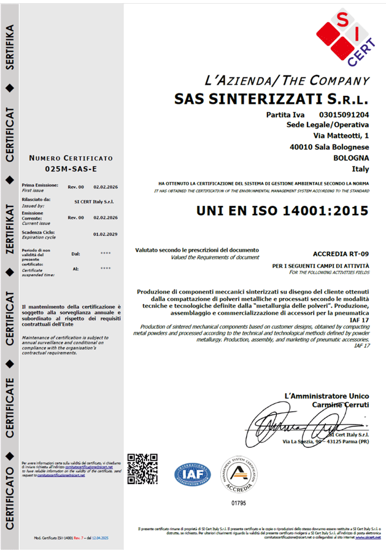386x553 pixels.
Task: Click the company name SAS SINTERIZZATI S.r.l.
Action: (272, 98)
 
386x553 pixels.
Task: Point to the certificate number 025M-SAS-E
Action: (71, 168)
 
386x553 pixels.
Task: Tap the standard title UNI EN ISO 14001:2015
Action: (283, 211)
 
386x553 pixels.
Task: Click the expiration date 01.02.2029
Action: (106, 234)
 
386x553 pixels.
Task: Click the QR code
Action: (142, 469)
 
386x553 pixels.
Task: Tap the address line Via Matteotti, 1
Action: (341, 136)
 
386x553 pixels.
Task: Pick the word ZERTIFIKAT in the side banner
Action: (10, 233)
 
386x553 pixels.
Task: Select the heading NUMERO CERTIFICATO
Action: (71, 159)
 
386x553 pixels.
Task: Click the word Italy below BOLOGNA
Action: (360, 169)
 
